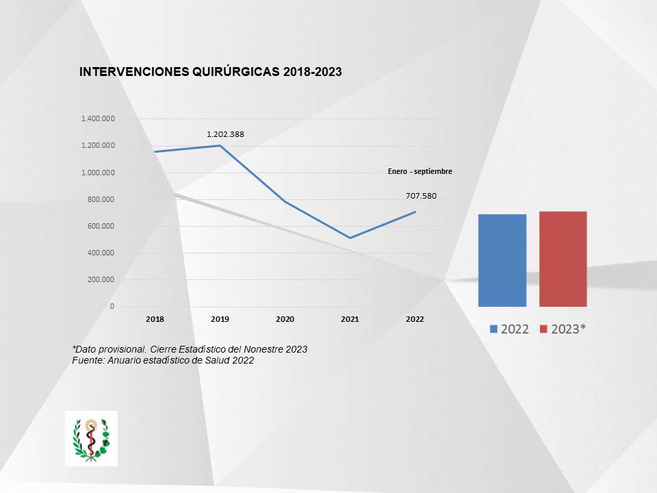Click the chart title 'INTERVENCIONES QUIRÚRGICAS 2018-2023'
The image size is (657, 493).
211,72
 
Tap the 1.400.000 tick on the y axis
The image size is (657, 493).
98,119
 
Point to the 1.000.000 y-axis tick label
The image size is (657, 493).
98,173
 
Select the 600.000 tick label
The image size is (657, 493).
101,226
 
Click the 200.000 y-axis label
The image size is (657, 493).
101,279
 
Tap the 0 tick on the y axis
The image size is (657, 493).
112,306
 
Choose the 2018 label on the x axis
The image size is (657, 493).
155,319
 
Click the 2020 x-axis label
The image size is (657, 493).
285,319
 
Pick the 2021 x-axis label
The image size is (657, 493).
350,319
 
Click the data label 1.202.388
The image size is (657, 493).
225,134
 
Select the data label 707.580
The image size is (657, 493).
421,196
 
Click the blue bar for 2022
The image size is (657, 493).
502,260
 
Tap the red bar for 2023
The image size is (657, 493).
563,259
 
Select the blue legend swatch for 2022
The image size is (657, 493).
494,329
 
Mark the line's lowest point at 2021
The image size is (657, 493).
350,238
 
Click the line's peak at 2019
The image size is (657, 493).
220,145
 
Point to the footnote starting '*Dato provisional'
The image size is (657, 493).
190,349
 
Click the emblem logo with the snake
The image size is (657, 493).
91,438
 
